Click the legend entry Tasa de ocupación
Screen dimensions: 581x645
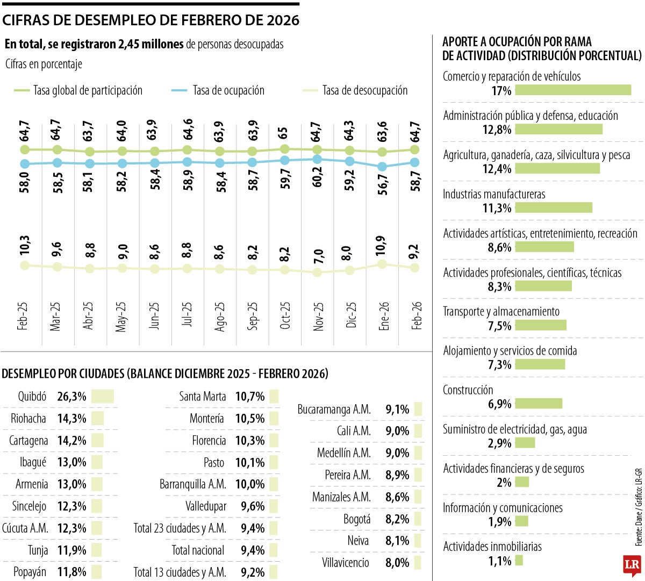(228, 91)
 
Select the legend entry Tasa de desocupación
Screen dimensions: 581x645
(365, 91)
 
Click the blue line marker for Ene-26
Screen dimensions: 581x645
(382, 167)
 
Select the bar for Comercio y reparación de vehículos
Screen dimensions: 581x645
(573, 90)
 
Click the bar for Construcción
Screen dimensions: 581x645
(539, 404)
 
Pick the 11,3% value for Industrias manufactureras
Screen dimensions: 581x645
(497, 208)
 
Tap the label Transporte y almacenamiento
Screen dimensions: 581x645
(501, 312)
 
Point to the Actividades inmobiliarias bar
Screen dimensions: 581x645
(519, 561)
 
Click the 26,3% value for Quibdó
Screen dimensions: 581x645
(71, 397)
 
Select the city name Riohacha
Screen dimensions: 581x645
(28, 419)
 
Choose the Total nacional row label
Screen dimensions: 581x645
(198, 550)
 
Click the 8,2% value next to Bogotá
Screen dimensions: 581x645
(397, 519)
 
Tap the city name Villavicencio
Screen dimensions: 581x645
(346, 563)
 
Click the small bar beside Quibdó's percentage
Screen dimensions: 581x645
(103, 397)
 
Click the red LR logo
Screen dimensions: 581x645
(631, 565)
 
